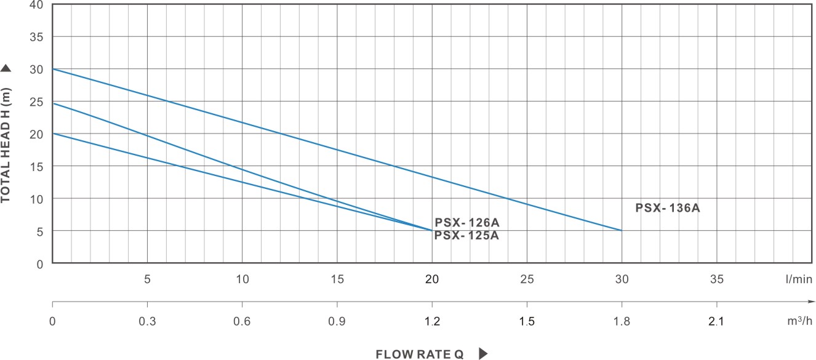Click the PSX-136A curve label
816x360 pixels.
[x=668, y=208]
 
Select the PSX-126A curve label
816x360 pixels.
[x=467, y=223]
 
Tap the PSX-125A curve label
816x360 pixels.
[x=466, y=235]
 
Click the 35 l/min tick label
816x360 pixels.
[x=716, y=279]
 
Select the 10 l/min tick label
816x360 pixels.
[x=242, y=279]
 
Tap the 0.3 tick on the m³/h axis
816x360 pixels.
[x=147, y=321]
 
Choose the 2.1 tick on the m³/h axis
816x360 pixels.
[x=716, y=321]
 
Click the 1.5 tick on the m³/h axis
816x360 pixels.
[x=527, y=321]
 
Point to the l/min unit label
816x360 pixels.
[x=799, y=279]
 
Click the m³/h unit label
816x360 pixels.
[x=798, y=321]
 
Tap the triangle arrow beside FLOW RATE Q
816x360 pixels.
[x=483, y=354]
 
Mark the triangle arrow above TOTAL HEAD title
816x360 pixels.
[x=6, y=68]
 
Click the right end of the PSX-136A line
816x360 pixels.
[x=622, y=230]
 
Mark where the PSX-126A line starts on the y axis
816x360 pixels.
[x=53, y=103]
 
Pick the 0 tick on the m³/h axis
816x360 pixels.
[x=53, y=321]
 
